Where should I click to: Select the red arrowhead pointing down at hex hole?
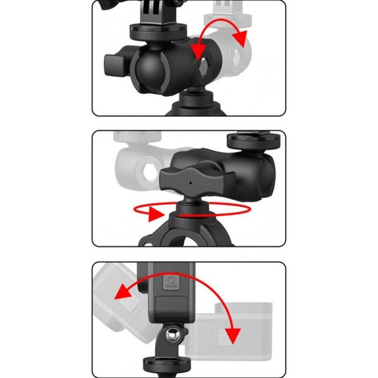pos(198,52)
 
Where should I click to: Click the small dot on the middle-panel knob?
pos(190,183)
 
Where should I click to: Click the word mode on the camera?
pos(171,286)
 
